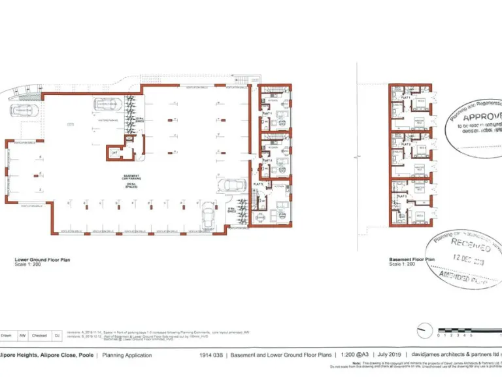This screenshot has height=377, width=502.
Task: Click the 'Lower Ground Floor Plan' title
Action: coord(42,260)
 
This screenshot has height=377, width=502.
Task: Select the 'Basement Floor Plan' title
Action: coord(411,260)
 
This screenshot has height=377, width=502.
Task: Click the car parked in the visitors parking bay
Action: coord(109,105)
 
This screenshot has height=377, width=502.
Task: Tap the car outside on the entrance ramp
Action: coord(24,110)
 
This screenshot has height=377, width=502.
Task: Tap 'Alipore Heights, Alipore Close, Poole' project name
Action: coord(46,355)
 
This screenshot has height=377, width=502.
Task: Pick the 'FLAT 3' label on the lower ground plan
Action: coord(258,185)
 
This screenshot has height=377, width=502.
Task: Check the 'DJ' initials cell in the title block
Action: coord(57,335)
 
